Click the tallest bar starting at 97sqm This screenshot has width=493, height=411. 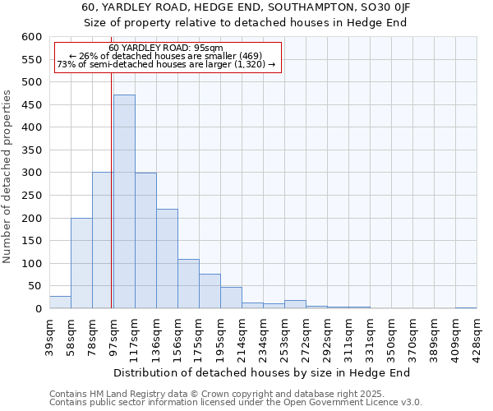124,201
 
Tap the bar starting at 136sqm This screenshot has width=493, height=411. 167,259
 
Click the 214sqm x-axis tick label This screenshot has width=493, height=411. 242,333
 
